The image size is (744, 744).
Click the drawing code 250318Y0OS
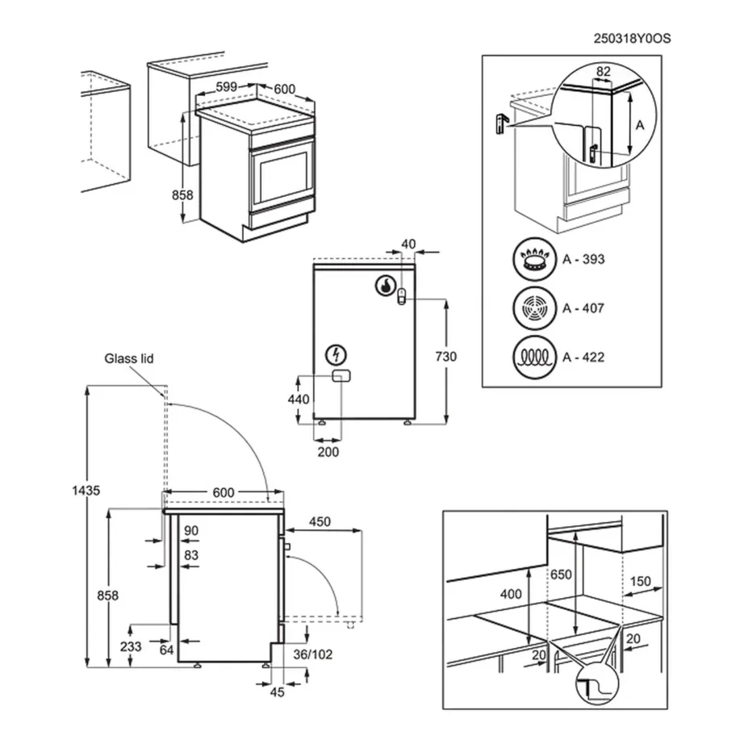click(x=633, y=38)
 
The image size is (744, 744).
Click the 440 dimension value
click(x=299, y=399)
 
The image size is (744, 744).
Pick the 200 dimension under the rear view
click(x=328, y=452)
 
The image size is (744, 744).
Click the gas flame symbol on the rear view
click(x=386, y=285)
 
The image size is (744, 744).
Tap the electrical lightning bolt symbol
click(x=335, y=354)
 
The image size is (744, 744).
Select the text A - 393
click(x=583, y=260)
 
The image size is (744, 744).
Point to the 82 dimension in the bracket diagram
click(x=603, y=73)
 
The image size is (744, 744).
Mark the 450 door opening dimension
click(x=320, y=521)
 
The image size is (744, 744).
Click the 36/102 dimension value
click(x=313, y=654)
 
